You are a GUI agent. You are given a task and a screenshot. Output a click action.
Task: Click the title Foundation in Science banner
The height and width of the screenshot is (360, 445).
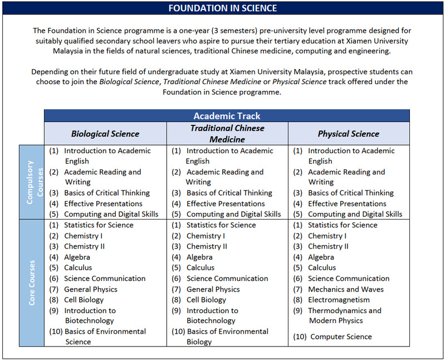[x=222, y=8]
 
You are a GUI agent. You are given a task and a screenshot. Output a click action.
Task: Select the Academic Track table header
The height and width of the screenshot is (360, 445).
[x=227, y=116]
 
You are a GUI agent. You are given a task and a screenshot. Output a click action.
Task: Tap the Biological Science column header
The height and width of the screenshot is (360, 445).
[x=105, y=134]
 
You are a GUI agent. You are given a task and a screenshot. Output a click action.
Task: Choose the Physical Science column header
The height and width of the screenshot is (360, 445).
[x=348, y=134]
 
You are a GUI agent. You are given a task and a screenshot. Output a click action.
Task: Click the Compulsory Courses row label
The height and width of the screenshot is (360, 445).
[x=31, y=182]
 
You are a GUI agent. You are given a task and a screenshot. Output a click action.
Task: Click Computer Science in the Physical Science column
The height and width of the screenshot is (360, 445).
[x=341, y=337]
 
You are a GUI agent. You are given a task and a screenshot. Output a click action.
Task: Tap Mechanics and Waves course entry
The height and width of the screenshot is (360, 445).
[x=345, y=289]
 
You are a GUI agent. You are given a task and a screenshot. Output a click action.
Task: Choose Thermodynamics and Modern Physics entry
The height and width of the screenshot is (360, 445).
[x=344, y=315]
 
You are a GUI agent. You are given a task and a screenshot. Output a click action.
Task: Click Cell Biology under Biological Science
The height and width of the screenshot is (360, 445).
[x=84, y=300]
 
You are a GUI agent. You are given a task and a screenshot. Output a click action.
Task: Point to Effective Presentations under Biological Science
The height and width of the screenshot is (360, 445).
[x=102, y=203]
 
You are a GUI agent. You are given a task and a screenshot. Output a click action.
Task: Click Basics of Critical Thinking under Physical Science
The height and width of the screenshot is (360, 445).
[x=350, y=193]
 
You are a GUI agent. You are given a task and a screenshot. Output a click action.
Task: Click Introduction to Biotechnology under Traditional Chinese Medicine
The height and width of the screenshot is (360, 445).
[x=212, y=315]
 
